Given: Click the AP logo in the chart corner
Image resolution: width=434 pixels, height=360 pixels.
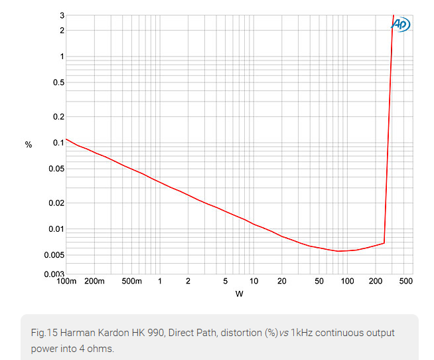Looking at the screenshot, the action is (x=401, y=25).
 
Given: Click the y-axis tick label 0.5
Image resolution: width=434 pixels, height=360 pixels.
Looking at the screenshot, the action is (x=58, y=82).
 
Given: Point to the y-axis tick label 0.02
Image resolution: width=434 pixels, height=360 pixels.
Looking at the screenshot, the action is (x=56, y=203).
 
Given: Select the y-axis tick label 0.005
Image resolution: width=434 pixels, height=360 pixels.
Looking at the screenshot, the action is (x=54, y=255).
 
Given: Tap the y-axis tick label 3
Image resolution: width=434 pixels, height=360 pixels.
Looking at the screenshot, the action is (x=62, y=15).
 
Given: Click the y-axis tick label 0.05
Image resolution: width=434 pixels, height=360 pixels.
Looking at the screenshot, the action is (x=56, y=169).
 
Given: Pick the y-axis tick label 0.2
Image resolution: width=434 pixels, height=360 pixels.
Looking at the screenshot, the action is (x=58, y=117).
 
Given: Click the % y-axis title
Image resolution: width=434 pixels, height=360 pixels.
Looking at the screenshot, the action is (x=29, y=144).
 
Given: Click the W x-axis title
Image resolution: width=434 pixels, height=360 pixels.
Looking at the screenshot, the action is (x=240, y=294).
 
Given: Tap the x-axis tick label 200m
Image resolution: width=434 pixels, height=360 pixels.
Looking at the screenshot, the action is (x=94, y=282).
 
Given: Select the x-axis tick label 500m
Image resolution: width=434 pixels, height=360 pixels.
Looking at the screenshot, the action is (x=132, y=282).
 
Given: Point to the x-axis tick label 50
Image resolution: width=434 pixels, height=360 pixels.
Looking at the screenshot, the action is (x=319, y=282).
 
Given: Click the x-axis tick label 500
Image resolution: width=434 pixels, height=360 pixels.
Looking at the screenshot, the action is (x=405, y=282).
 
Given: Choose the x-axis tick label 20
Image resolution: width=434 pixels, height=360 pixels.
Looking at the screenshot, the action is (x=282, y=282).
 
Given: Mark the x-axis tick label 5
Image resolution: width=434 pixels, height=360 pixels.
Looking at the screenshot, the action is (x=226, y=282).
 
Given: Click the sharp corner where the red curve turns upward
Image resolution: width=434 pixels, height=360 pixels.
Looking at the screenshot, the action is (x=384, y=243).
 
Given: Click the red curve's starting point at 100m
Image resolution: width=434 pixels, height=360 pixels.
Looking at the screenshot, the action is (x=66, y=139).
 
